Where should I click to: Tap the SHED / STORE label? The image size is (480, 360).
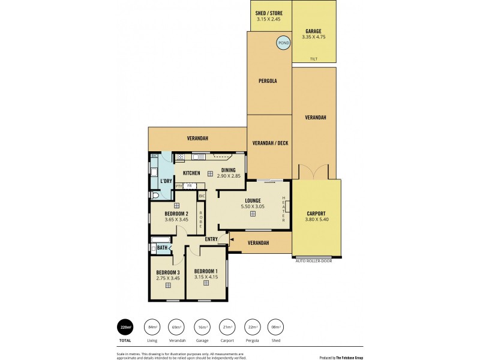click(269, 13)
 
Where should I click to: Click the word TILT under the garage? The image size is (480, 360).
click(313, 59)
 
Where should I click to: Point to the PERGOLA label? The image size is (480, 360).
click(267, 80)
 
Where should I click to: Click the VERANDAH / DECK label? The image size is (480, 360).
click(269, 143)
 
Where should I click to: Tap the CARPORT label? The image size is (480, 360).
click(316, 213)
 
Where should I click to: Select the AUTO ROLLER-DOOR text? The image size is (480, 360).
click(313, 261)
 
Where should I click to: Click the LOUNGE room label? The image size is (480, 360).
click(252, 200)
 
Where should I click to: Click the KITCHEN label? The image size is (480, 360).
click(191, 173)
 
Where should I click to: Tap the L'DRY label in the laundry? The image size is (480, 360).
click(166, 181)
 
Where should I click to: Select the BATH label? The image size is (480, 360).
click(162, 247)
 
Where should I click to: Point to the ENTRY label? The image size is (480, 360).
click(211, 239)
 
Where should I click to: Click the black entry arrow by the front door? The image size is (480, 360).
click(232, 239)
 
